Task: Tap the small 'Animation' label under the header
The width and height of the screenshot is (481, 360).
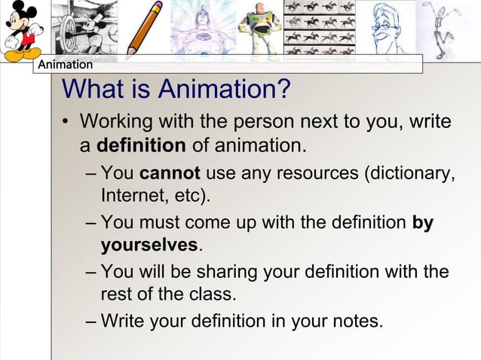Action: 65,66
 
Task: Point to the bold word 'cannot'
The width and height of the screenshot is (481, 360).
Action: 170,174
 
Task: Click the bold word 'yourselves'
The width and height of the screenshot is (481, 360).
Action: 149,246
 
